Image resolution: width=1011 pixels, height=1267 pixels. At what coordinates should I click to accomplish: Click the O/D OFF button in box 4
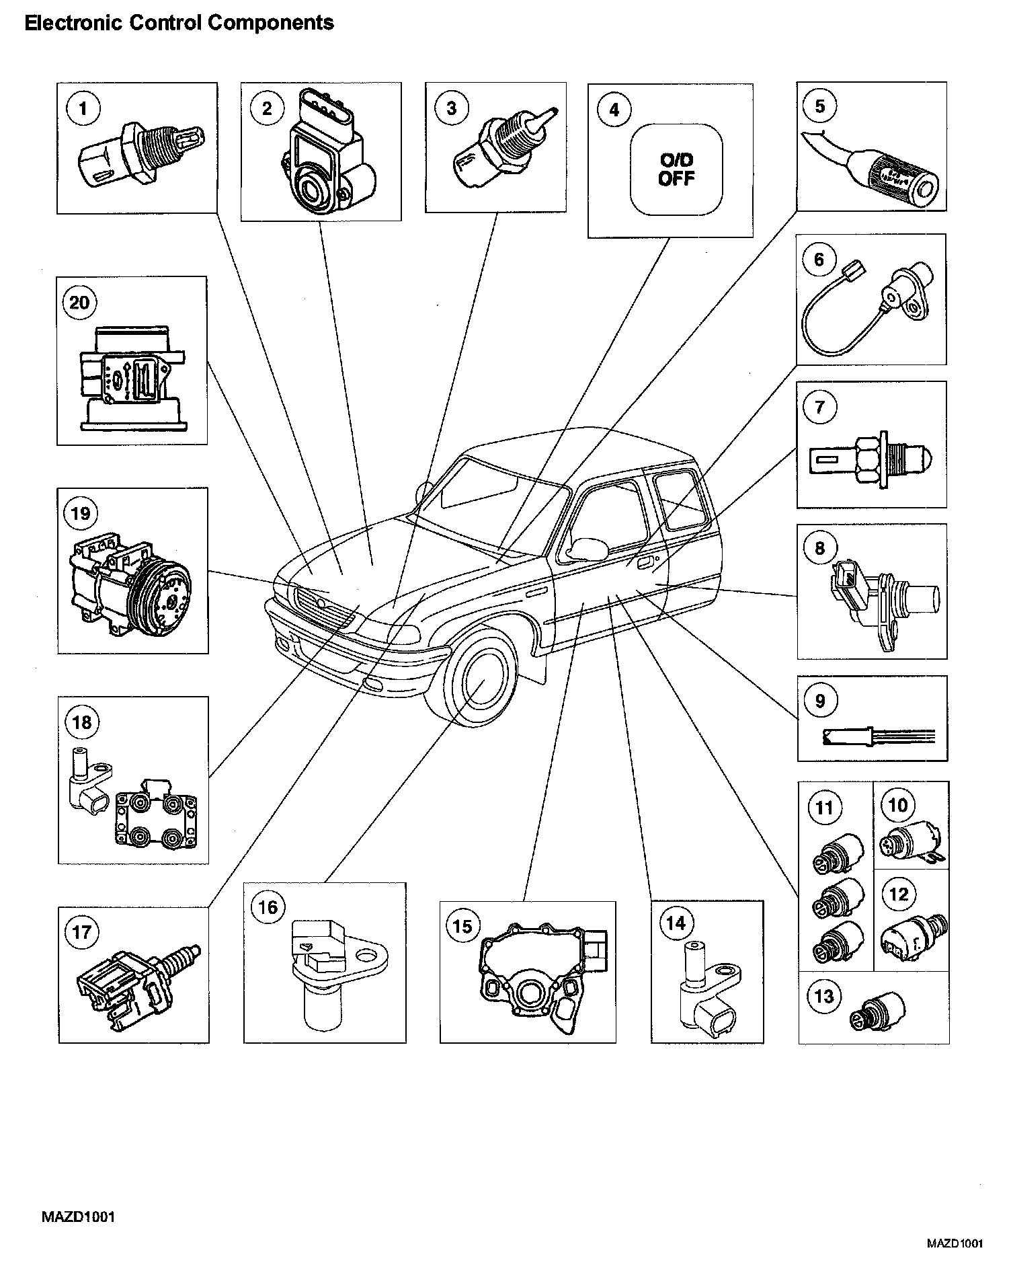[x=676, y=169]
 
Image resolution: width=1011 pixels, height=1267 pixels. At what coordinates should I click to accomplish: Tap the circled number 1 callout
[x=83, y=108]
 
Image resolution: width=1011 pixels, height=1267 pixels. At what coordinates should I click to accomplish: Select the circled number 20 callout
[x=79, y=302]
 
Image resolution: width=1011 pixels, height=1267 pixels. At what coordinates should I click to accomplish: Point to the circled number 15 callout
[x=462, y=926]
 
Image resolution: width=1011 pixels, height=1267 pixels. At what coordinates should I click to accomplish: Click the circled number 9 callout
[x=820, y=701]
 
